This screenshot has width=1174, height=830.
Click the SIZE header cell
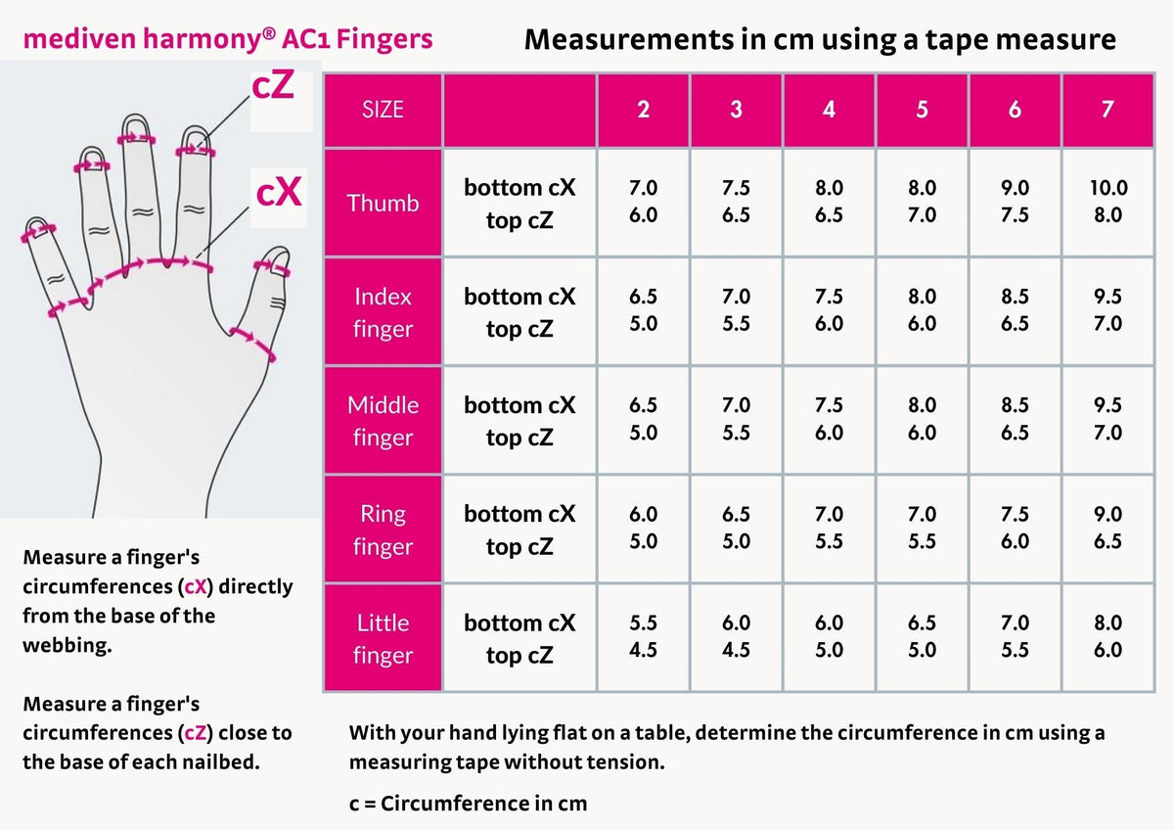point(383,110)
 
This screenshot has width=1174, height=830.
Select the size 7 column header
point(1107,110)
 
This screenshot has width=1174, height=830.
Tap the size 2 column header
point(643,110)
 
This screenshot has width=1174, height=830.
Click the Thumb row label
point(383,203)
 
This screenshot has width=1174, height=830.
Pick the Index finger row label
point(383,312)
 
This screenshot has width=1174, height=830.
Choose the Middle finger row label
point(383,421)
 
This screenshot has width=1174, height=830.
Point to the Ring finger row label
point(383,530)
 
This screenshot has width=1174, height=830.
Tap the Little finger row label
point(383,638)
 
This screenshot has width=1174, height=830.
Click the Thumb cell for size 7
point(1107,203)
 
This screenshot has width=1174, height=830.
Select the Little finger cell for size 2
point(643,637)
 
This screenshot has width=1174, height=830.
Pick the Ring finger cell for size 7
point(1107,529)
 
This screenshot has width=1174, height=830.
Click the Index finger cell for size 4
point(829,311)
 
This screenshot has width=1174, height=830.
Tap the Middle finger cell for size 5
point(922,420)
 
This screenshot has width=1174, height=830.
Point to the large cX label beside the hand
point(278,193)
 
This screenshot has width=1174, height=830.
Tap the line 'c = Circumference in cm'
point(468,804)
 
